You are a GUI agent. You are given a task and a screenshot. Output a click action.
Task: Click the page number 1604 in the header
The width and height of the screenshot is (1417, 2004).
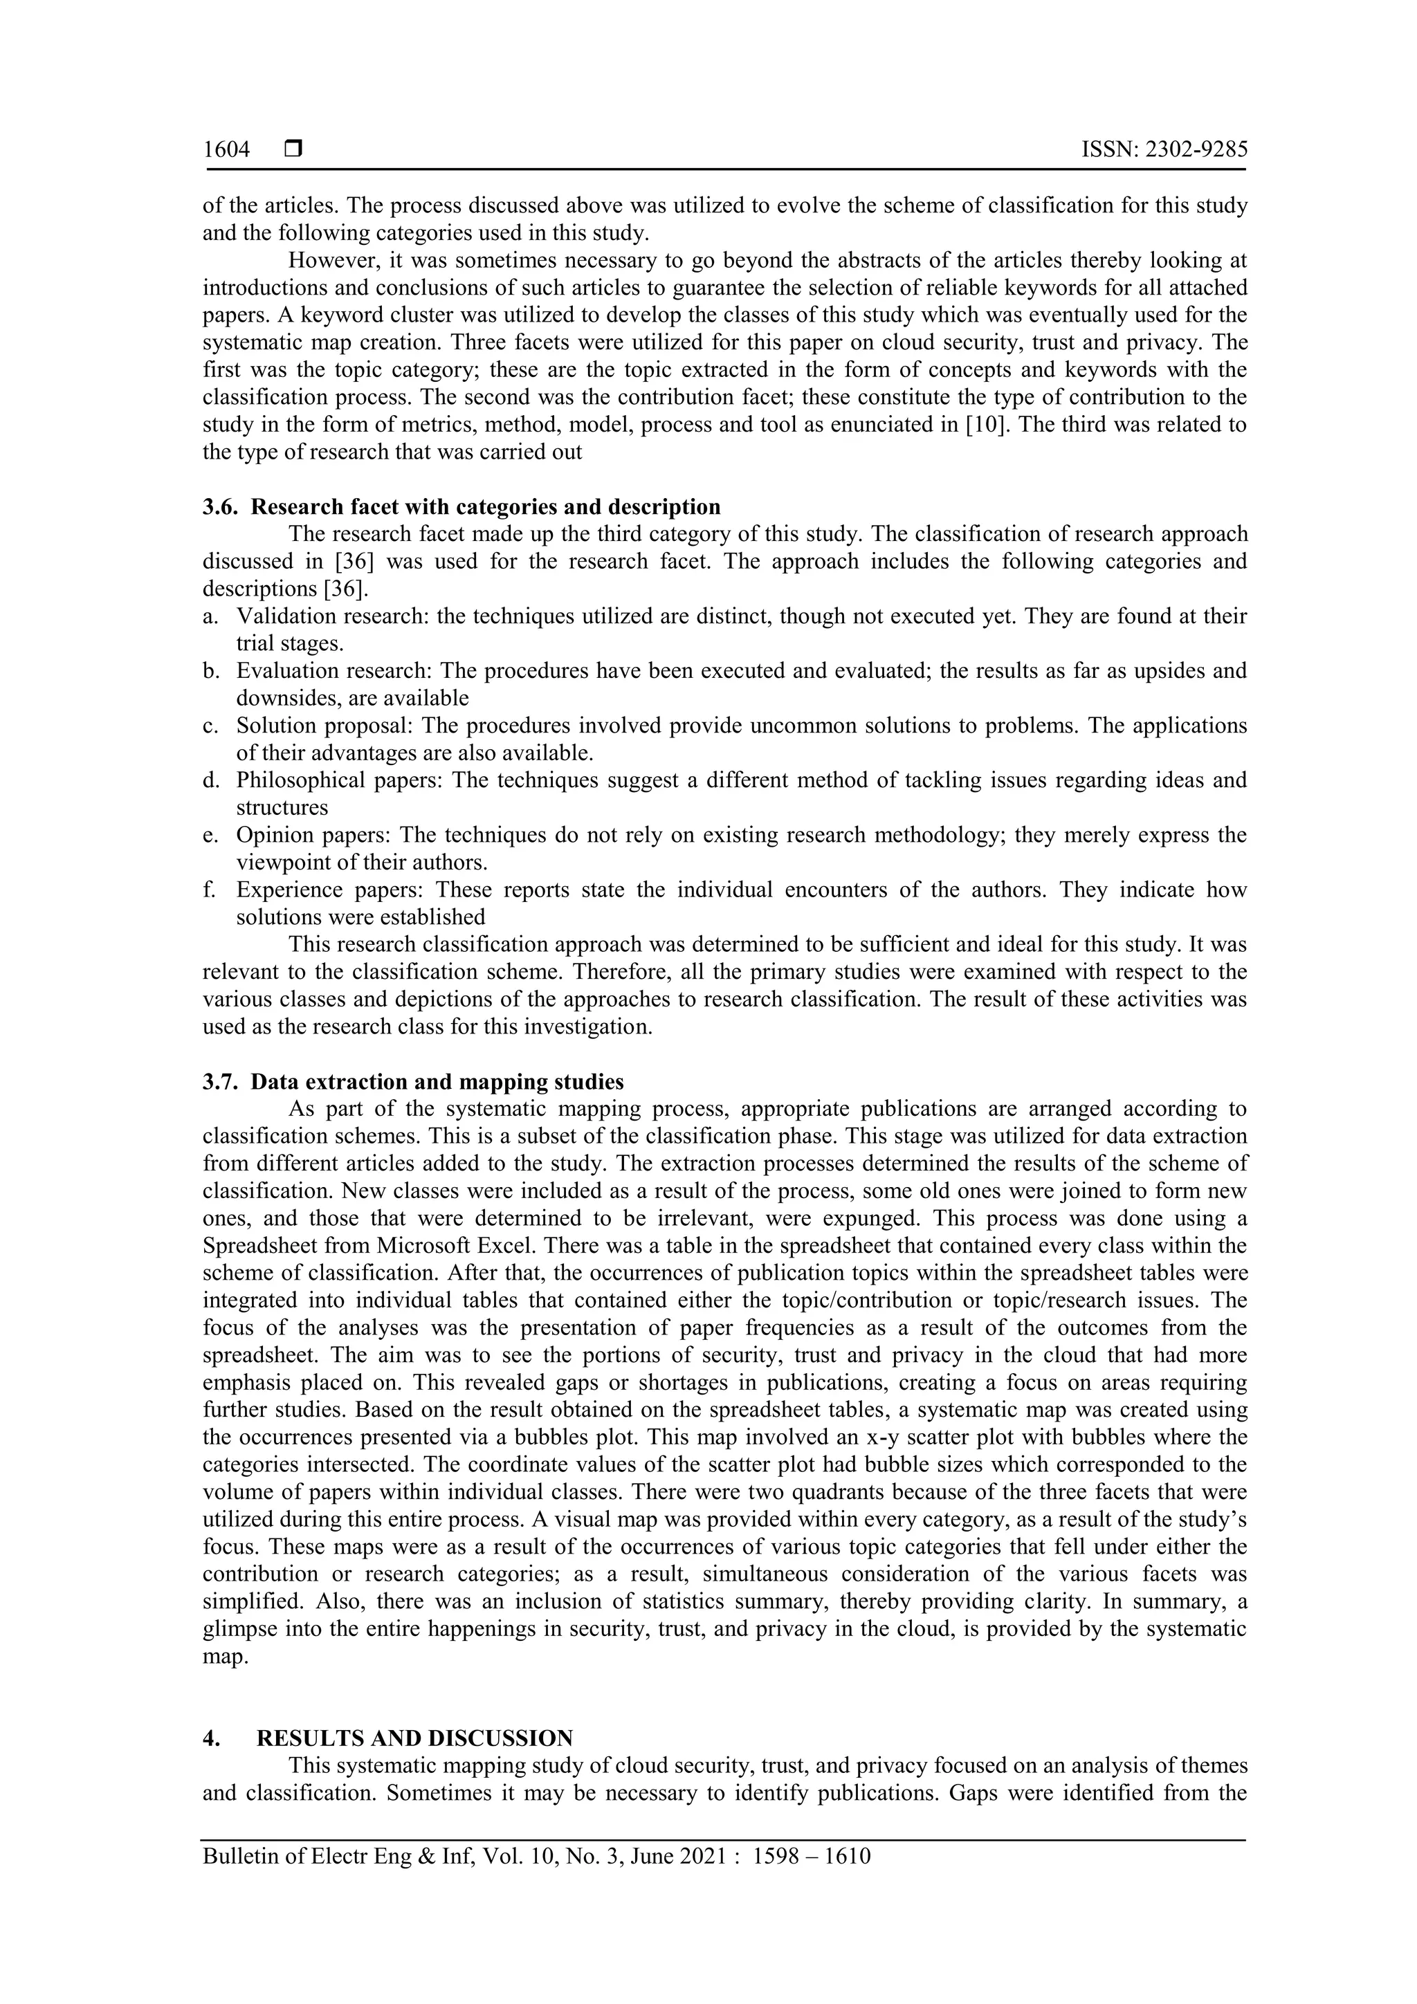click(x=226, y=150)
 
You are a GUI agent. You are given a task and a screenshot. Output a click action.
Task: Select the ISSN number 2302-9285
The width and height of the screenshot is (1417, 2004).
click(x=1194, y=150)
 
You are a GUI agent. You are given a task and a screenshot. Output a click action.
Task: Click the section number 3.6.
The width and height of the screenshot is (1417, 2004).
click(x=220, y=507)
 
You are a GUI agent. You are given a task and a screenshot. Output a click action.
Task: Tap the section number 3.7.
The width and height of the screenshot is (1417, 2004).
click(x=220, y=1083)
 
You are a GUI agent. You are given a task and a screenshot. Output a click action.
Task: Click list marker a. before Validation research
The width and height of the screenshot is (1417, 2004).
click(x=210, y=617)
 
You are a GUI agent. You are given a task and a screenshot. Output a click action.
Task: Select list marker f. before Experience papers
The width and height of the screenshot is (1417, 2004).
click(x=209, y=890)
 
